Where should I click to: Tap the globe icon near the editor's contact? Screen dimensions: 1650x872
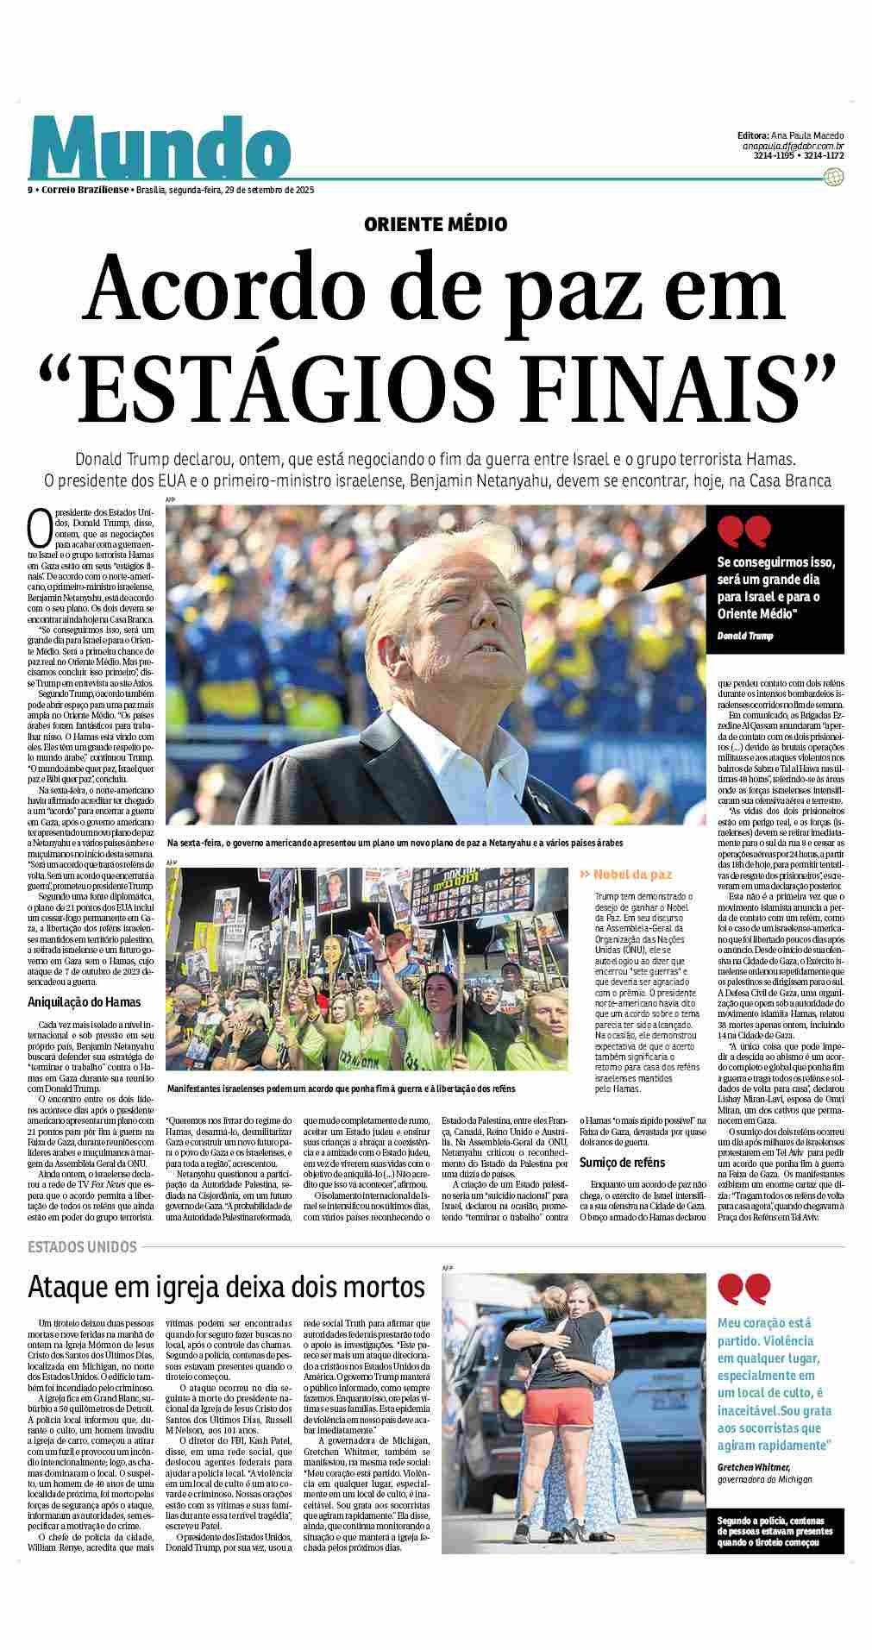pyautogui.click(x=833, y=177)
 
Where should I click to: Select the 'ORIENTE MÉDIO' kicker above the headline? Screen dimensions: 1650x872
pyautogui.click(x=436, y=224)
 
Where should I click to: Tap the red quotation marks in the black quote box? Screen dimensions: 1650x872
pyautogui.click(x=743, y=531)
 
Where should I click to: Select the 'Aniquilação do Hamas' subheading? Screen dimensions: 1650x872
pyautogui.click(x=85, y=1002)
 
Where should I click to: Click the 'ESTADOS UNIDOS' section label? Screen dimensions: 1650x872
pyautogui.click(x=82, y=1247)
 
